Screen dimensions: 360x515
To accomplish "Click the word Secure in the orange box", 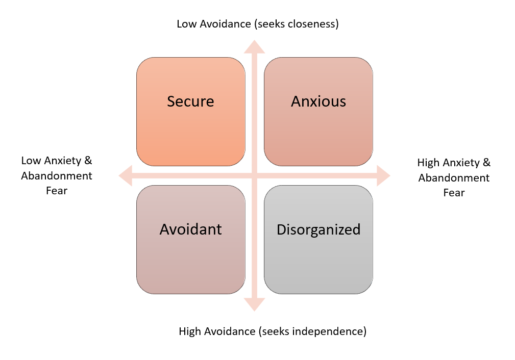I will tap(190, 101).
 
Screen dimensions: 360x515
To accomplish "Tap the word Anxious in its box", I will tap(318, 101).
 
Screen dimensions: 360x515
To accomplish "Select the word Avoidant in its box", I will tap(190, 229).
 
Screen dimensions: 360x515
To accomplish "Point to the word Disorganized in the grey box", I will tap(318, 229).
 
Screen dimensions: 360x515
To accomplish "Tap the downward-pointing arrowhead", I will tap(254, 304).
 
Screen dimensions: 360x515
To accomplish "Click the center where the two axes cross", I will tap(254, 176).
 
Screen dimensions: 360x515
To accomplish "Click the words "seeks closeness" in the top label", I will tap(299, 24).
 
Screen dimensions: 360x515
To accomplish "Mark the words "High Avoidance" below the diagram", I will tap(217, 331).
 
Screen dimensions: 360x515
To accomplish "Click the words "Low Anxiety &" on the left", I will tap(57, 161).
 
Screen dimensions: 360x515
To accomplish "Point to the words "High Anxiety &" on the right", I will tap(454, 163).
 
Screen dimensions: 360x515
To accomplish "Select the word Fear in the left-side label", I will tap(57, 191).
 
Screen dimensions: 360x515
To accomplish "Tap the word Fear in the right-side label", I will tap(454, 193).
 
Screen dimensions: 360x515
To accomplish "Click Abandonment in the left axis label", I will tap(57, 176).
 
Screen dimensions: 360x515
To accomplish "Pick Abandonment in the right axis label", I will tap(454, 178).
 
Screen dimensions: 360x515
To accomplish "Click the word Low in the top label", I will tap(186, 24).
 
